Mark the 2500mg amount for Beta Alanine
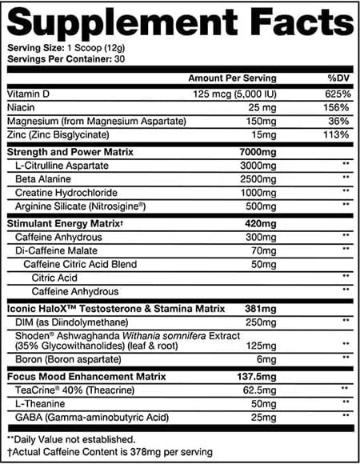(x=255, y=178)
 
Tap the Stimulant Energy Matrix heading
(x=61, y=222)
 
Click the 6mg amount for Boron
(x=265, y=358)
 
